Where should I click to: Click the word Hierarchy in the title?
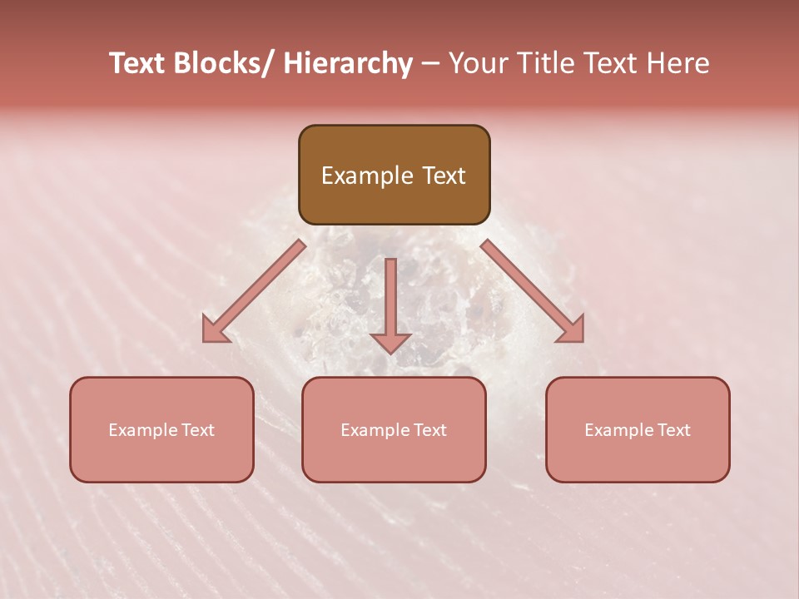pyautogui.click(x=348, y=63)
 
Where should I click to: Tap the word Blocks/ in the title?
pyautogui.click(x=223, y=63)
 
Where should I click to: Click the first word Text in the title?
pyautogui.click(x=138, y=63)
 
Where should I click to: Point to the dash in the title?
pyautogui.click(x=430, y=63)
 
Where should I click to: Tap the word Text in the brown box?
pyautogui.click(x=442, y=176)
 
